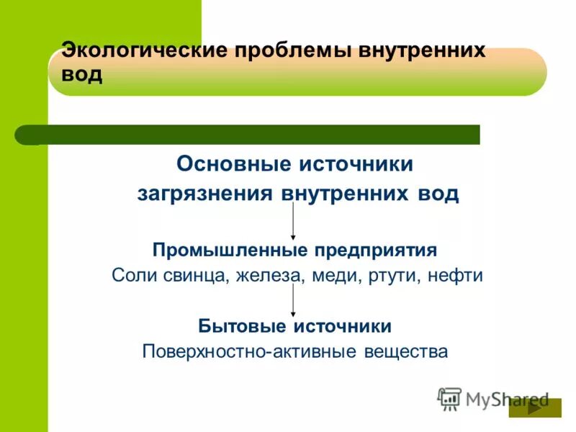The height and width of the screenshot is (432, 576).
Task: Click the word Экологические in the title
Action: [x=144, y=51]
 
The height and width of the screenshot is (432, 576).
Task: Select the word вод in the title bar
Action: [x=82, y=74]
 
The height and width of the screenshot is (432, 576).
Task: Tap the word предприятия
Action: [x=375, y=250]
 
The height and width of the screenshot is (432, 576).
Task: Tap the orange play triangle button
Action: [x=534, y=408]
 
